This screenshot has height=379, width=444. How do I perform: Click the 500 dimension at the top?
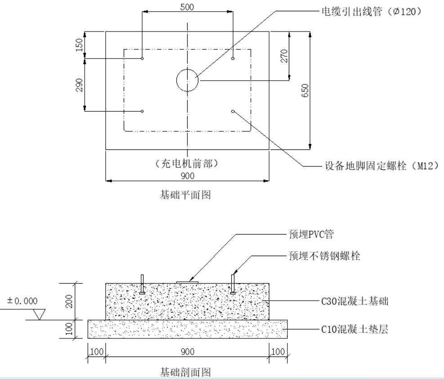coord(187,8)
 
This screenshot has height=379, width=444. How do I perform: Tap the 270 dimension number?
coord(284,56)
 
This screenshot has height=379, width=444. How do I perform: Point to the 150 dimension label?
coord(80,45)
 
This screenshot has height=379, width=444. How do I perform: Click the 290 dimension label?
coord(80,85)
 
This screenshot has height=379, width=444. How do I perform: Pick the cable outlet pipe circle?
coord(187,81)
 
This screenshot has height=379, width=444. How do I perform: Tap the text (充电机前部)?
coord(188,162)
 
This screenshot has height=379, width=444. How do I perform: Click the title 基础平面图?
coord(186,195)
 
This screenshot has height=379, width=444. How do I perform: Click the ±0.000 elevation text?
coord(22,300)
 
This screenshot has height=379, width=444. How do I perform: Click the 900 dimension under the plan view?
coord(187,175)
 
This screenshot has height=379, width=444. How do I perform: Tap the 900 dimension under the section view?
coord(187,351)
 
